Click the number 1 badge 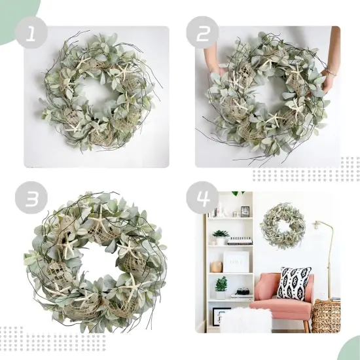click(32, 32)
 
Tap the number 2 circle click(202, 32)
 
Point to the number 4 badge click(202, 198)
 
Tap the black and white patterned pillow click(294, 283)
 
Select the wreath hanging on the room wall click(282, 226)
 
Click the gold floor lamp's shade click(319, 226)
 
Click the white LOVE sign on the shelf click(236, 262)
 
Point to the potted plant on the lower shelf click(221, 285)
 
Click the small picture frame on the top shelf click(245, 211)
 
